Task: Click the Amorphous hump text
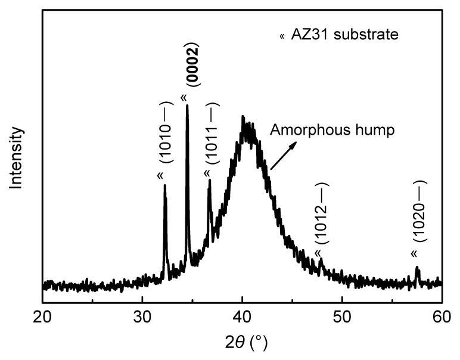pos(332,131)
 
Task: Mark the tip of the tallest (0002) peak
pos(187,106)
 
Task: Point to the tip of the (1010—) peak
pos(165,186)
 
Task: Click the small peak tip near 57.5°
pos(418,268)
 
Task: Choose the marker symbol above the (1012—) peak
pos(318,254)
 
